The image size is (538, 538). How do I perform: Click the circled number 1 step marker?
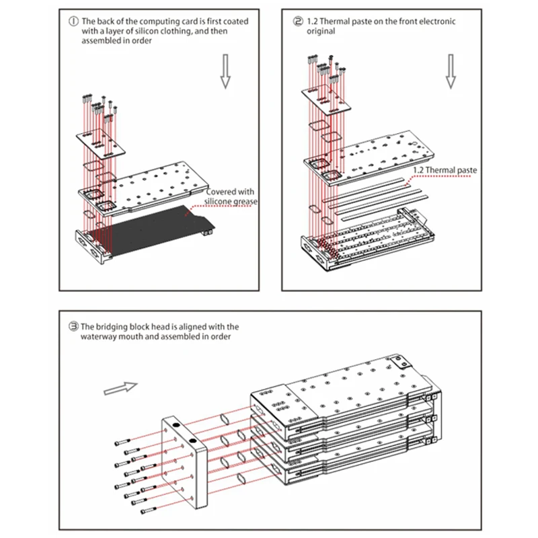(73, 21)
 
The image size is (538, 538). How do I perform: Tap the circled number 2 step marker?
(298, 21)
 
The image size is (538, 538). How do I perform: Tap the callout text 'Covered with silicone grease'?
(231, 196)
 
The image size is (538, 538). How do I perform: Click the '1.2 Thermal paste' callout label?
(445, 170)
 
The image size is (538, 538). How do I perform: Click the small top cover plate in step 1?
(99, 141)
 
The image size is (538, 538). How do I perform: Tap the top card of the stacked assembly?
(343, 399)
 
